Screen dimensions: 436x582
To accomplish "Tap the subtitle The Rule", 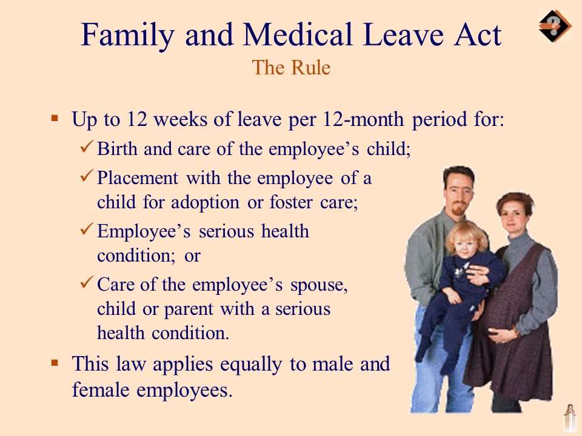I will click(x=291, y=67).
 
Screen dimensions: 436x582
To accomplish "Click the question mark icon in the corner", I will click(x=554, y=26).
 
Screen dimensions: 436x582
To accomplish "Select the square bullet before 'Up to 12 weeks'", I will click(x=55, y=117).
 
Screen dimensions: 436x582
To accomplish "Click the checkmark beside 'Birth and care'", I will click(x=86, y=148).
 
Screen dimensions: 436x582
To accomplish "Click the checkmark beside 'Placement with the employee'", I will click(x=86, y=178).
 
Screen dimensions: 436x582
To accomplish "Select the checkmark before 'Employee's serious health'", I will click(x=86, y=231).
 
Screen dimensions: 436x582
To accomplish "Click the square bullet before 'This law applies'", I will click(x=55, y=363).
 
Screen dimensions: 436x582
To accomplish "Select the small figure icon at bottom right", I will click(x=569, y=417).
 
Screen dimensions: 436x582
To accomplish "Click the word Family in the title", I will click(x=120, y=36).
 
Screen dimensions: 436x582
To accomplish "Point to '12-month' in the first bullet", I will click(x=361, y=119).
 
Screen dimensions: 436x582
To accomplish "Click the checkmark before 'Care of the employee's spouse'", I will click(x=86, y=283).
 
